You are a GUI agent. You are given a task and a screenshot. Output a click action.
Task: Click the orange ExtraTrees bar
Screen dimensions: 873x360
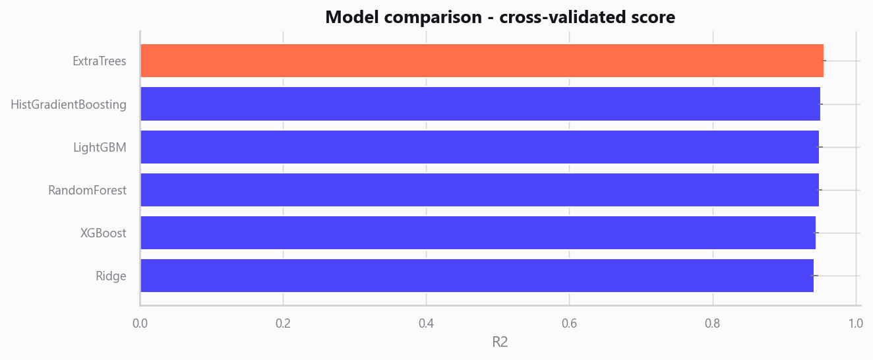(x=482, y=61)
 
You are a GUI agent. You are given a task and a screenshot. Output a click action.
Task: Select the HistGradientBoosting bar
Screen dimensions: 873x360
(x=481, y=104)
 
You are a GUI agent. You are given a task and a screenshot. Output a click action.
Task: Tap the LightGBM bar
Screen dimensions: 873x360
(x=480, y=147)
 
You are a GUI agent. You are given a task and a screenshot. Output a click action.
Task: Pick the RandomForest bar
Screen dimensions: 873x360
(x=480, y=190)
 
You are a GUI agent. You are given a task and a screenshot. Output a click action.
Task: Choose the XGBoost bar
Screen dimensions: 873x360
(x=478, y=233)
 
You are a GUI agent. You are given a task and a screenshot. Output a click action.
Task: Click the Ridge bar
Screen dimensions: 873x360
(x=477, y=276)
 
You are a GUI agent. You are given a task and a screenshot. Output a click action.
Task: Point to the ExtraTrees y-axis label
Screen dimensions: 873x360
(x=100, y=61)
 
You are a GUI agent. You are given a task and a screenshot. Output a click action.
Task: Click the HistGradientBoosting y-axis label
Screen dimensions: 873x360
(x=69, y=104)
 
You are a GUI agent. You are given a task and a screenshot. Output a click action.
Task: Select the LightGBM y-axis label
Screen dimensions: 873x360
(x=100, y=147)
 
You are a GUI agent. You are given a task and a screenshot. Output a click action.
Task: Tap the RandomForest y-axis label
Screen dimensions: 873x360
(x=87, y=190)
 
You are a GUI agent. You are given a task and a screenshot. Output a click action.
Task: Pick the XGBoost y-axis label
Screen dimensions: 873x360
(x=104, y=233)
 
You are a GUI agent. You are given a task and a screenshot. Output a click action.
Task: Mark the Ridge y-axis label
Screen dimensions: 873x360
(x=111, y=276)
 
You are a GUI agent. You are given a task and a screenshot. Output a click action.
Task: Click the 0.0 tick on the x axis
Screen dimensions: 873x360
(x=140, y=323)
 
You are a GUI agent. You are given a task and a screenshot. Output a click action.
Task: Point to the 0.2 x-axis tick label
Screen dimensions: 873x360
(x=283, y=323)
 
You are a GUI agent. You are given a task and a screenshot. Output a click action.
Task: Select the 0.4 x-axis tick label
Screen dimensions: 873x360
(x=426, y=323)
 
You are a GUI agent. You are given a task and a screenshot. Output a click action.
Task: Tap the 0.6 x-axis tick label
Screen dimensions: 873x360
(x=569, y=323)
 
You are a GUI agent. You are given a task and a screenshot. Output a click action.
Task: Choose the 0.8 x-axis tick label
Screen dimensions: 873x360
(x=712, y=323)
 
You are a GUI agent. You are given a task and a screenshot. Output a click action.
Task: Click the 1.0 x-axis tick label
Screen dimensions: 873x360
(x=855, y=323)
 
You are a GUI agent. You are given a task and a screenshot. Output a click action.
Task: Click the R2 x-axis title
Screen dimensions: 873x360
(x=500, y=342)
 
